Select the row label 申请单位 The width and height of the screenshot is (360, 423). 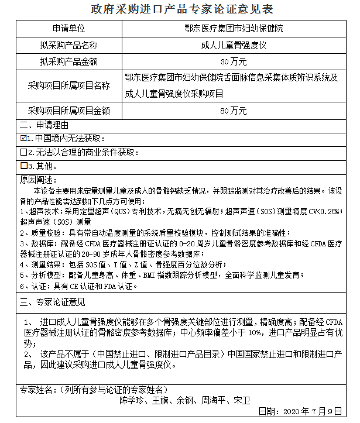tap(68, 28)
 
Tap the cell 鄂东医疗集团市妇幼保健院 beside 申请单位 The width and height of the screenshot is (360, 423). tap(234, 28)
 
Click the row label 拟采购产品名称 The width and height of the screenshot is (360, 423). tap(68, 44)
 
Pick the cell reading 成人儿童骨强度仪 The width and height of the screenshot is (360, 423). tap(234, 44)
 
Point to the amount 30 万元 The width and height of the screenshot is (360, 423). tap(234, 61)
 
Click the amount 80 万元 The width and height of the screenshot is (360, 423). tap(234, 111)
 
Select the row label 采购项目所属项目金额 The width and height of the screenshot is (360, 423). tap(68, 111)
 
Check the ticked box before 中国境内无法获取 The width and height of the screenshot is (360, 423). tap(23, 139)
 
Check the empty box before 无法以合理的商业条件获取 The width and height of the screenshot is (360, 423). tap(23, 152)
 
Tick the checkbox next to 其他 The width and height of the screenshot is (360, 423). tap(23, 166)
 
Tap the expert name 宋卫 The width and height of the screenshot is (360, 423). tap(241, 401)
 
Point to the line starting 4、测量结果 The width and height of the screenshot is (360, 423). tap(117, 264)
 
